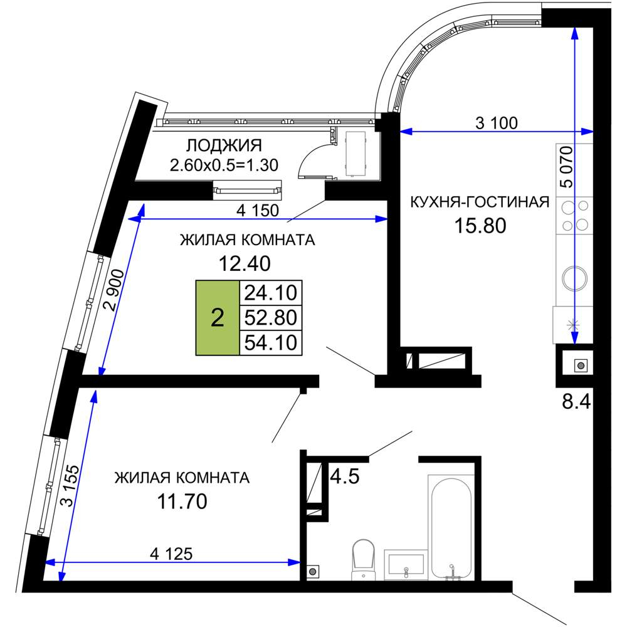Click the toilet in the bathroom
pyautogui.click(x=363, y=559)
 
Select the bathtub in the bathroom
pyautogui.click(x=451, y=527)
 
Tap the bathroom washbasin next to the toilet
pyautogui.click(x=406, y=565)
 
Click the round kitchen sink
pyautogui.click(x=574, y=278)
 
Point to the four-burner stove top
pyautogui.click(x=574, y=216)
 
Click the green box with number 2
pyautogui.click(x=217, y=318)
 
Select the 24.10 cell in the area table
pyautogui.click(x=271, y=293)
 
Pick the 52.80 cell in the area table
pyautogui.click(x=271, y=318)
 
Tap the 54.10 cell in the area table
pyautogui.click(x=271, y=343)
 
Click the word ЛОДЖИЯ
pyautogui.click(x=224, y=146)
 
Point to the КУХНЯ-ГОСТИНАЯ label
pyautogui.click(x=480, y=203)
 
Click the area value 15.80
pyautogui.click(x=480, y=226)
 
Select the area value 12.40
pyautogui.click(x=245, y=263)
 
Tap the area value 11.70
pyautogui.click(x=182, y=501)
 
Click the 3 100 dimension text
pyautogui.click(x=497, y=123)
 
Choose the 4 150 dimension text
pyautogui.click(x=258, y=210)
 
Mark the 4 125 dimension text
pyautogui.click(x=171, y=554)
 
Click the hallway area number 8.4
pyautogui.click(x=576, y=401)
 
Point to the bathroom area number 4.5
pyautogui.click(x=345, y=477)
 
